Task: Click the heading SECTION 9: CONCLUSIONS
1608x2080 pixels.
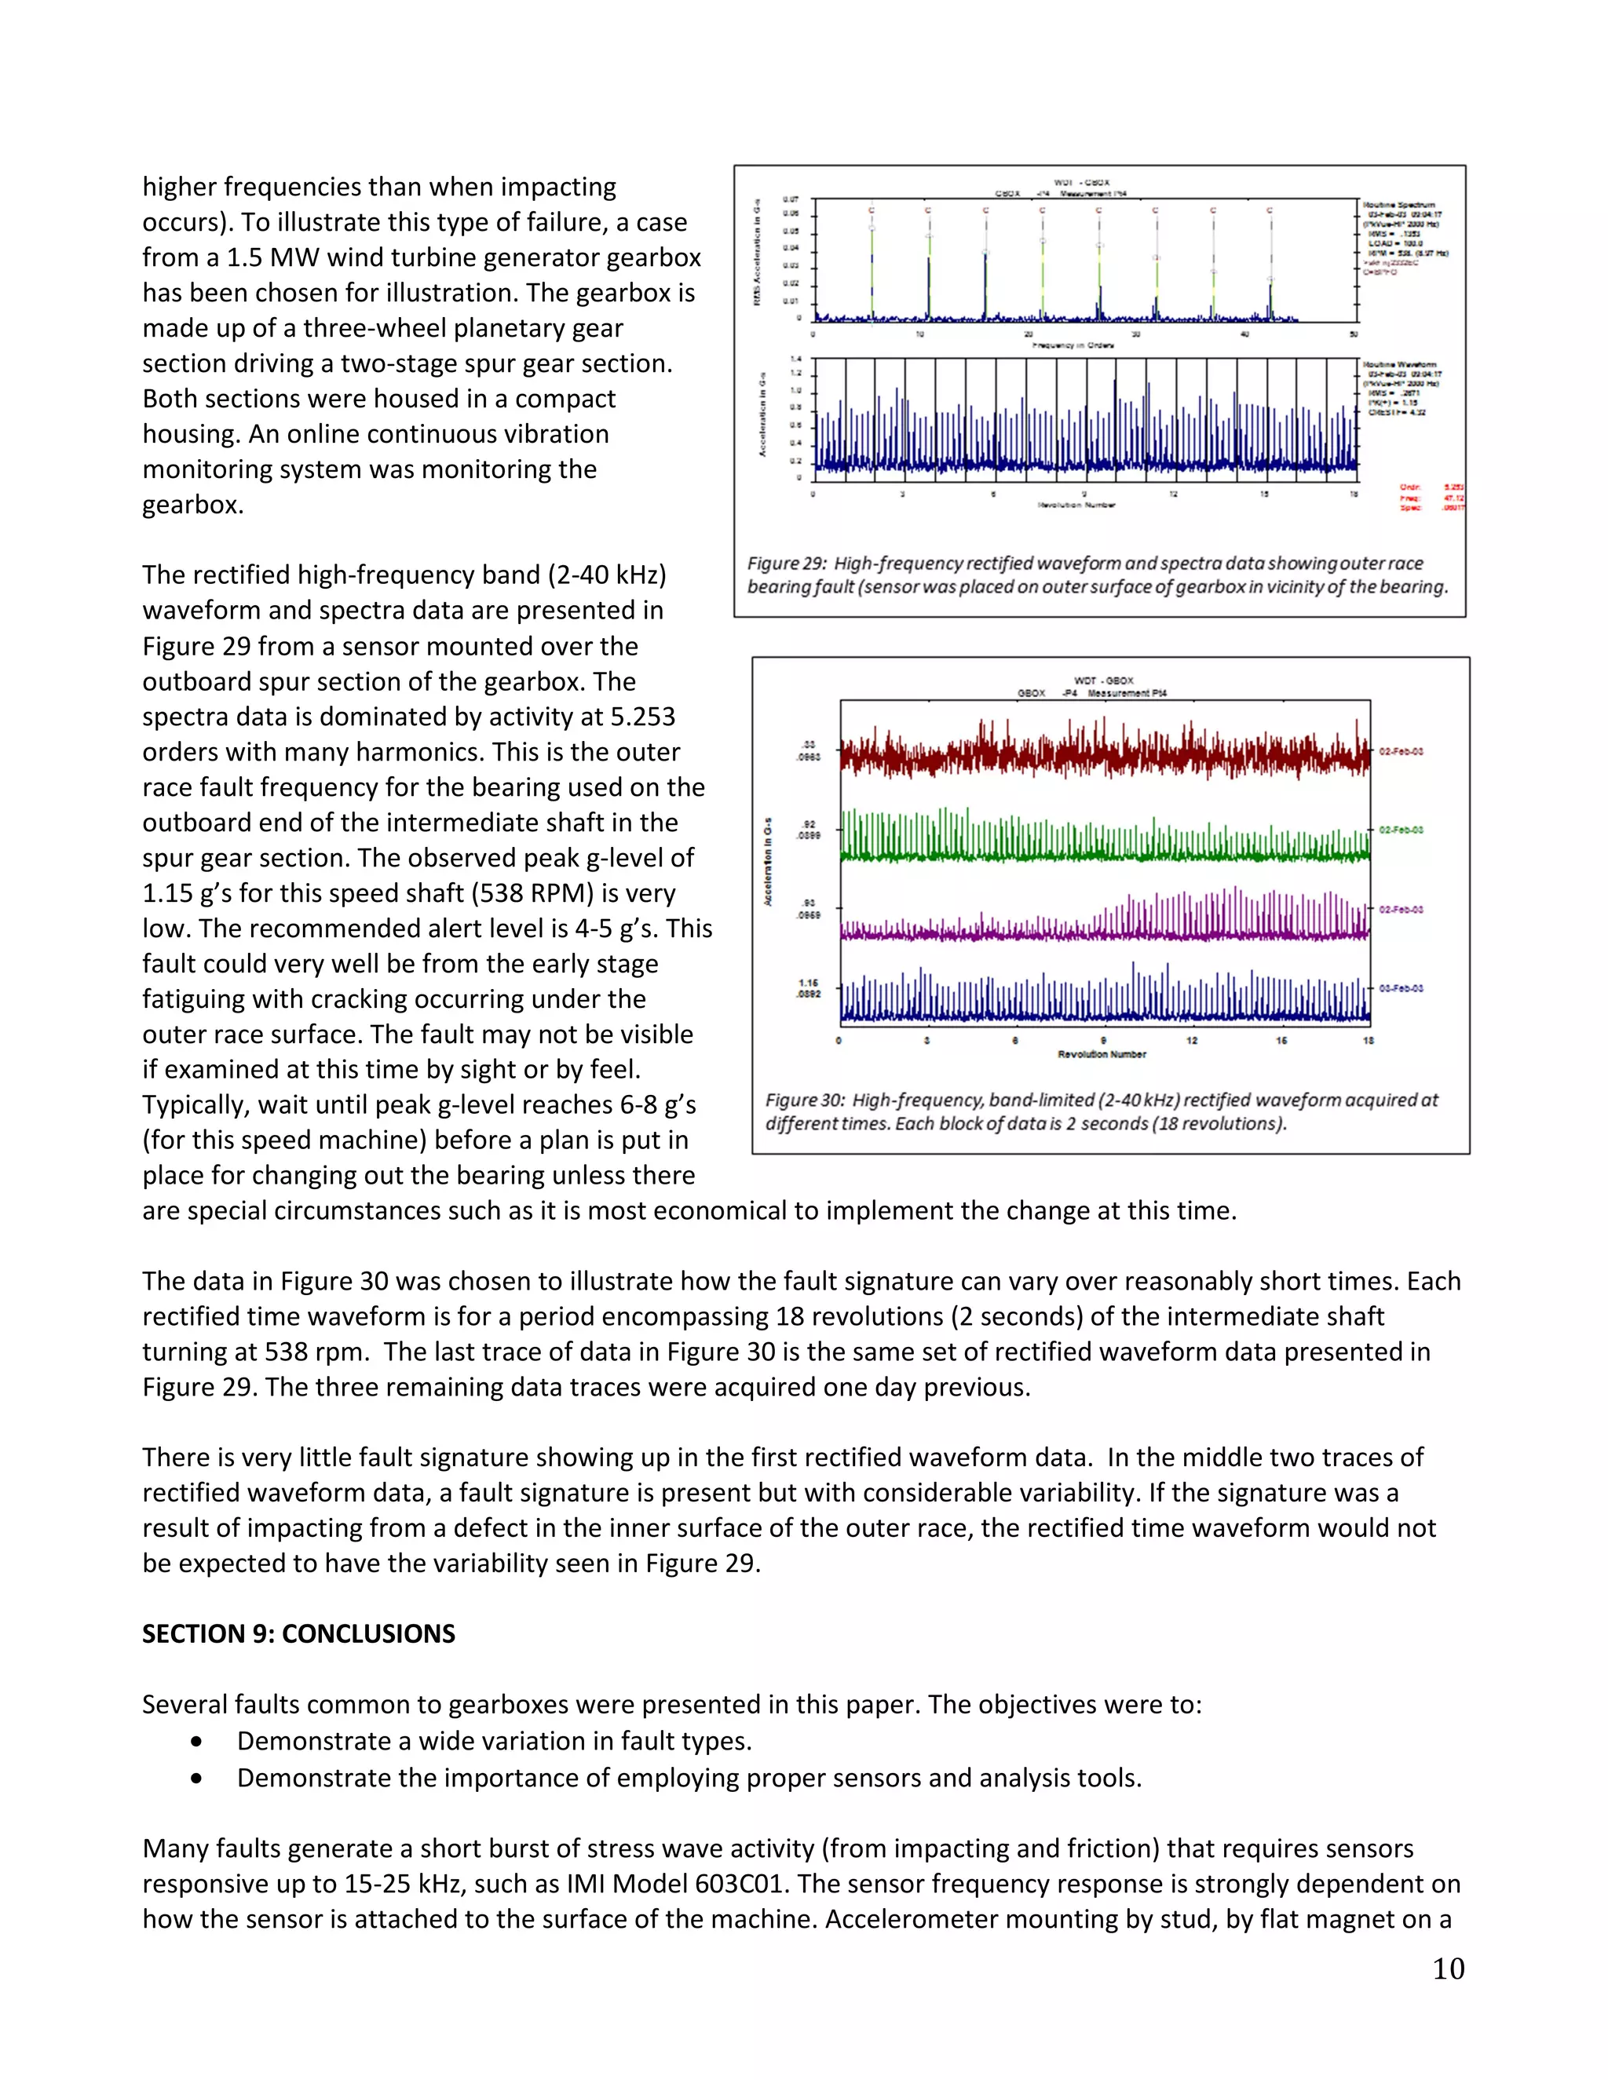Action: pyautogui.click(x=298, y=1633)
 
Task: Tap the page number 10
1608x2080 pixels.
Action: pyautogui.click(x=1448, y=1969)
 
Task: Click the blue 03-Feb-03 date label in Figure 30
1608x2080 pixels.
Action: pyautogui.click(x=1401, y=988)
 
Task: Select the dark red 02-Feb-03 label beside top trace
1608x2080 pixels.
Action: pyautogui.click(x=1401, y=751)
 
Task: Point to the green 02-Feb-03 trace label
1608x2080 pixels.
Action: pyautogui.click(x=1401, y=830)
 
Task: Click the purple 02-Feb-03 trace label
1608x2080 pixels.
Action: pyautogui.click(x=1401, y=910)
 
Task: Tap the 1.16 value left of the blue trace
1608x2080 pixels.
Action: pyautogui.click(x=809, y=983)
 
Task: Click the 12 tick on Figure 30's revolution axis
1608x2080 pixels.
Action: pyautogui.click(x=1192, y=1041)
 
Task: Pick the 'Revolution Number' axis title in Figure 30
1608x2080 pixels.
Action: pyautogui.click(x=1102, y=1054)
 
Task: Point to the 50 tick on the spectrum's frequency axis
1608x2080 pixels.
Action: pyautogui.click(x=1354, y=334)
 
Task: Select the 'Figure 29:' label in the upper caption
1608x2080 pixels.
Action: pyautogui.click(x=787, y=564)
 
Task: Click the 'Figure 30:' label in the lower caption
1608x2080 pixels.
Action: pyautogui.click(x=805, y=1100)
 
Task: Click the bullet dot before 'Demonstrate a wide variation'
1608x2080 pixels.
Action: pyautogui.click(x=196, y=1741)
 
